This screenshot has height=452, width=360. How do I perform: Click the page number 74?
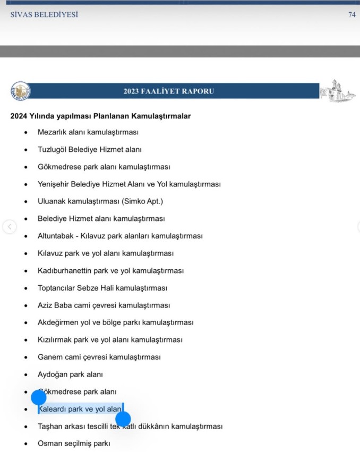tap(352, 15)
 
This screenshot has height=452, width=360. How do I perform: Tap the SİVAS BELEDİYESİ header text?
tap(44, 15)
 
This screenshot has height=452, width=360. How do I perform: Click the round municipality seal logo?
tap(20, 91)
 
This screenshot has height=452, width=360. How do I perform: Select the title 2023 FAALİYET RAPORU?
tap(169, 91)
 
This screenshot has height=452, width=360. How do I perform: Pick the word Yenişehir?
tap(54, 184)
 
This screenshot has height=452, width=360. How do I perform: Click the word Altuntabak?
tap(56, 236)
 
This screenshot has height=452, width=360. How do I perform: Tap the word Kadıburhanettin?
tap(64, 271)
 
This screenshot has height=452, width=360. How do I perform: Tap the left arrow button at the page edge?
tap(9, 227)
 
